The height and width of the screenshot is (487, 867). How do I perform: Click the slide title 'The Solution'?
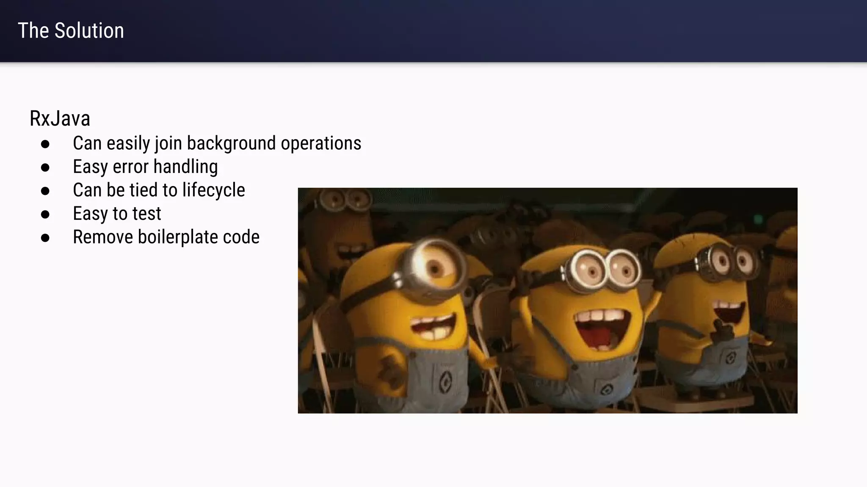point(71,31)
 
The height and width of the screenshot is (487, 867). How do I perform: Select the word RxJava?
point(60,119)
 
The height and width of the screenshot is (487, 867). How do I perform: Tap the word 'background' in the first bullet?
point(231,143)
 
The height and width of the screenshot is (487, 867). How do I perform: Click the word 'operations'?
point(321,143)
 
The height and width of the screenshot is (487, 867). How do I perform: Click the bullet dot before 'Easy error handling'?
point(45,167)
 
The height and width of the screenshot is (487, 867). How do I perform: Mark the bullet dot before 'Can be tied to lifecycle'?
point(45,191)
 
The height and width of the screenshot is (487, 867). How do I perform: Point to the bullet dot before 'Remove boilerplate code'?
point(45,238)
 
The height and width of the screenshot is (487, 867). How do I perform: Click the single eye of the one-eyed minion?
point(434,267)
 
